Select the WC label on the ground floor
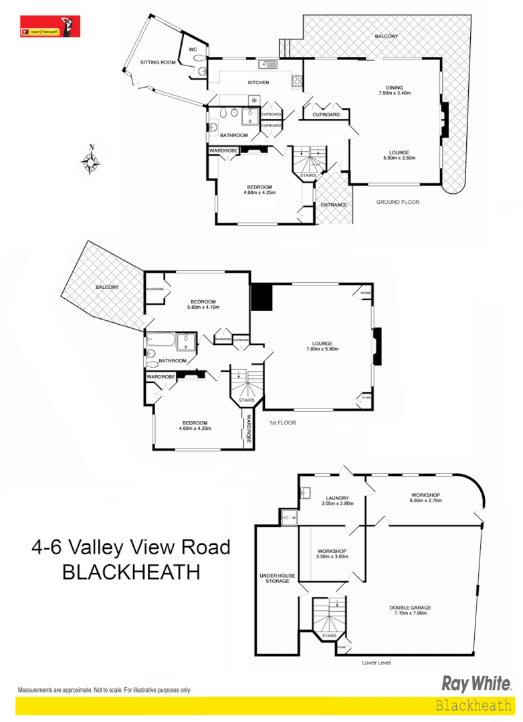(193, 49)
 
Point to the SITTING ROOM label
(157, 62)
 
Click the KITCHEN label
(258, 82)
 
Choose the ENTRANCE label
(334, 204)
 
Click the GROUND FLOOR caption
(397, 201)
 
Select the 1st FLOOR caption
(282, 423)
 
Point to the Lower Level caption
(376, 663)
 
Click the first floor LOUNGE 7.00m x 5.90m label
(323, 345)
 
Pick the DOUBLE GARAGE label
(410, 610)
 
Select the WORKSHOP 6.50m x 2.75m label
(425, 498)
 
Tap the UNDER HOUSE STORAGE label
(274, 578)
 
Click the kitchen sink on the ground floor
(269, 65)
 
